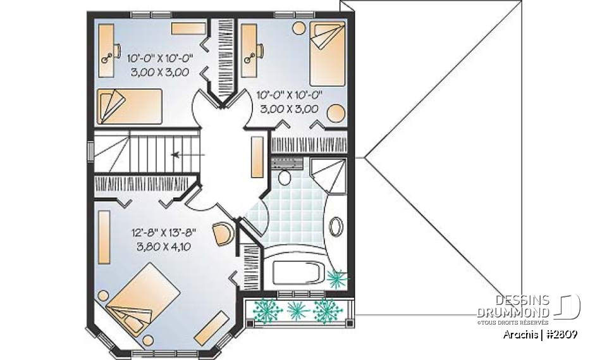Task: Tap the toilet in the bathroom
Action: pos(284,175)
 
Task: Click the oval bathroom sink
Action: pos(336,225)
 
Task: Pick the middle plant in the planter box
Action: pos(296,310)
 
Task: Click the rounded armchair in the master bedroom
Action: pos(223,233)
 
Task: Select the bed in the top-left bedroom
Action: pos(130,104)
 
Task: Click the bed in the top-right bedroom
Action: pos(327,49)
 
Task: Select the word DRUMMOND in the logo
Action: pos(513,313)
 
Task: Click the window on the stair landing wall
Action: pos(90,152)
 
